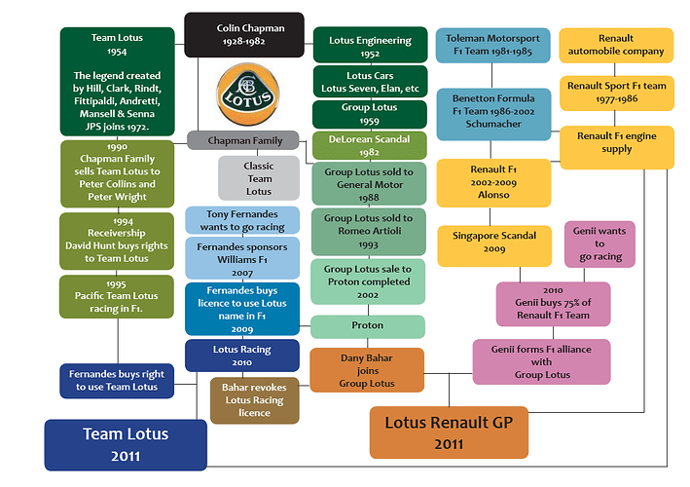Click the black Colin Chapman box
pyautogui.click(x=244, y=35)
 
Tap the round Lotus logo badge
pyautogui.click(x=248, y=94)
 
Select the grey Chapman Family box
pyautogui.click(x=243, y=140)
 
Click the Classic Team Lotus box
pyautogui.click(x=259, y=178)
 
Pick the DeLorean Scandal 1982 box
pyautogui.click(x=370, y=145)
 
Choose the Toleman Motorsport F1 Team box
pyautogui.click(x=492, y=45)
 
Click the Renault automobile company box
pyautogui.click(x=616, y=45)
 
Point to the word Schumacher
pyautogui.click(x=493, y=124)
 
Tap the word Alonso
pyautogui.click(x=493, y=195)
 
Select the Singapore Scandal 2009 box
pyautogui.click(x=494, y=246)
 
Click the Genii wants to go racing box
pyautogui.click(x=599, y=243)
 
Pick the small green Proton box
pyautogui.click(x=368, y=326)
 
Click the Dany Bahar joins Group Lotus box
pyautogui.click(x=367, y=370)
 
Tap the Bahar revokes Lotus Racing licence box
pyautogui.click(x=254, y=400)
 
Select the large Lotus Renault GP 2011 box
pyautogui.click(x=449, y=432)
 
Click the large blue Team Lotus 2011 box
pyautogui.click(x=126, y=445)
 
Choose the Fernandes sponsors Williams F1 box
pyautogui.click(x=242, y=258)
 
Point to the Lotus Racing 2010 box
pyautogui.click(x=242, y=356)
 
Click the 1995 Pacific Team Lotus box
pyautogui.click(x=117, y=296)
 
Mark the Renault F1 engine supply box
pyautogui.click(x=617, y=147)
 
